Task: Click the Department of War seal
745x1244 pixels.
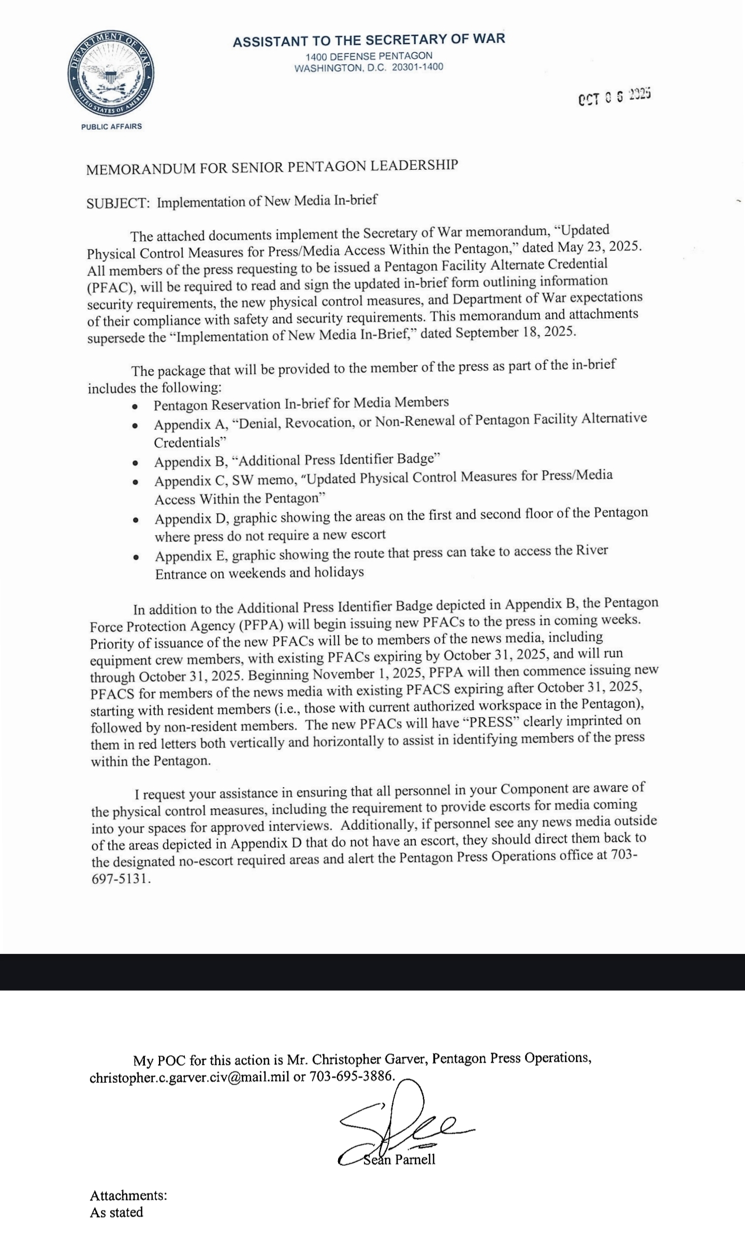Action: click(110, 73)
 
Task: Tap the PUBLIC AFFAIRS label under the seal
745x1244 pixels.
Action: click(111, 126)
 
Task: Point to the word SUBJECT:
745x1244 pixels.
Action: click(118, 203)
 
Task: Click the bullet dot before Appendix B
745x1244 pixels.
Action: click(135, 462)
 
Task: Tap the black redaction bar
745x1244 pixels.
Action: click(372, 972)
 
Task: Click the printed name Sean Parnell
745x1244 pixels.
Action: click(399, 1159)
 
